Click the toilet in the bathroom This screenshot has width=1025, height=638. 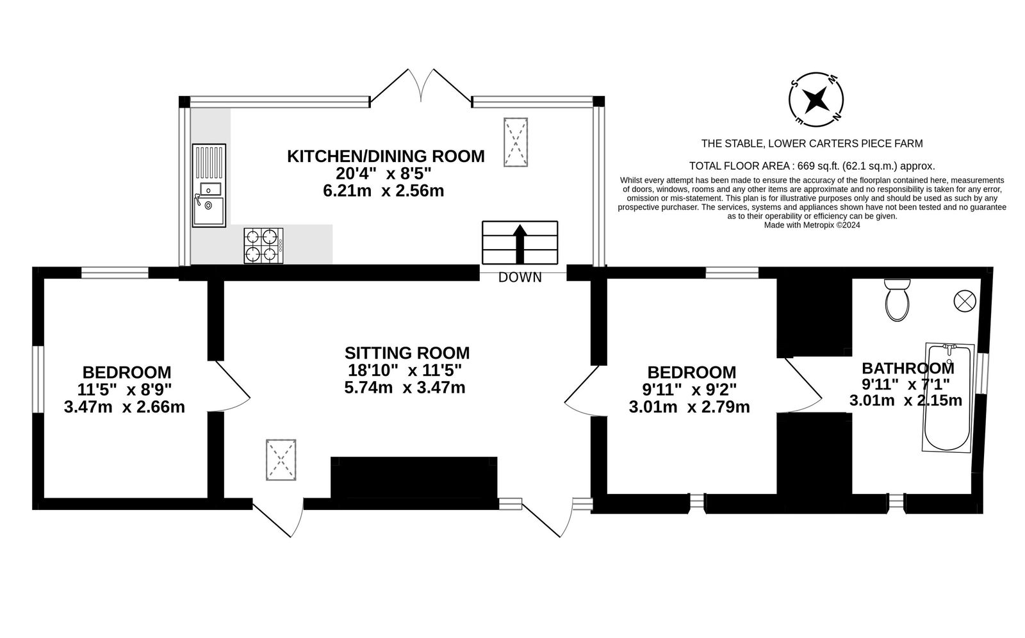pos(897,301)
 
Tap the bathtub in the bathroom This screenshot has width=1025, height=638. pos(948,397)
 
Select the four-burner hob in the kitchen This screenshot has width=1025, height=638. pos(263,246)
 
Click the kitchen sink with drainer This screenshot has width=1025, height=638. pos(209,186)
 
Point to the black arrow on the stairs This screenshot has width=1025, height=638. pos(520,243)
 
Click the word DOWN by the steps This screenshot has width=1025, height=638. pos(520,277)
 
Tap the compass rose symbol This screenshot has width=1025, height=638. pos(816,99)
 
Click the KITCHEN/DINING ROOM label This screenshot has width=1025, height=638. pos(386,156)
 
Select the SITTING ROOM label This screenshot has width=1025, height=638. pos(407,353)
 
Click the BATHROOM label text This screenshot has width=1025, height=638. pos(907,368)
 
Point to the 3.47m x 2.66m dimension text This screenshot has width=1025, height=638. pos(124,407)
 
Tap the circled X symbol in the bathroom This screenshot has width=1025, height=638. pos(964,300)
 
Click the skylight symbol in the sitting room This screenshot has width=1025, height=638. pos(281,459)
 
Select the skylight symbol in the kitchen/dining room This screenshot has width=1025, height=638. pos(516,142)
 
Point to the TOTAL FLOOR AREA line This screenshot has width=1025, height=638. pos(812,165)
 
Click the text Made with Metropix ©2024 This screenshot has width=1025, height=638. pos(812,225)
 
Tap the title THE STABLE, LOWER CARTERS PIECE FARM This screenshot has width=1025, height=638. pos(812,143)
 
